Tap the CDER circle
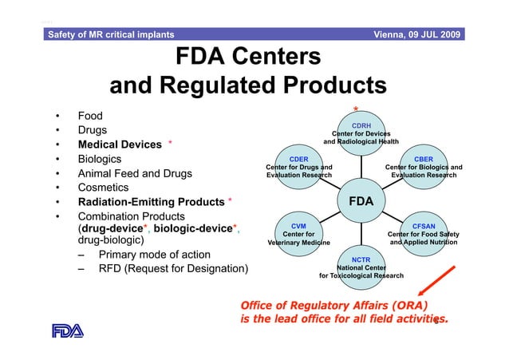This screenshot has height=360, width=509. [298, 167]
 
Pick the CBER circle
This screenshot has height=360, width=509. [423, 167]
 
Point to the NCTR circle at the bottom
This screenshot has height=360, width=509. [361, 267]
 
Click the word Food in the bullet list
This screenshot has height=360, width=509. [89, 116]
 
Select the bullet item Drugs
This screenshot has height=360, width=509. [93, 130]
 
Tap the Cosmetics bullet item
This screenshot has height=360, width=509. [103, 188]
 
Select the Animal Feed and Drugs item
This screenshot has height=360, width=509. [134, 174]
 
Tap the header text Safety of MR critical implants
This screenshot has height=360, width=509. [111, 34]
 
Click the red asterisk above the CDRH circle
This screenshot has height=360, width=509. [356, 109]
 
